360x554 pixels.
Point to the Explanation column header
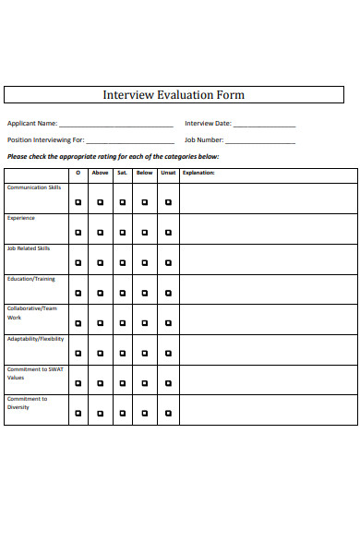(198, 173)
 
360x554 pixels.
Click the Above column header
(100, 173)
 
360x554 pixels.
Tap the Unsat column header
(168, 173)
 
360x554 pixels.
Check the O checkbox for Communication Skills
(78, 201)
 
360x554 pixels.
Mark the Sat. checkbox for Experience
(123, 232)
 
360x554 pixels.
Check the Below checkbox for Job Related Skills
(145, 262)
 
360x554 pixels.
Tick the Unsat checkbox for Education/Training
(168, 293)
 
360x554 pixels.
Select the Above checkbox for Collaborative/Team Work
(100, 323)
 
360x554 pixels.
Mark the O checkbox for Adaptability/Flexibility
(78, 353)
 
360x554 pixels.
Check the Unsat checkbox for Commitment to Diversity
(168, 414)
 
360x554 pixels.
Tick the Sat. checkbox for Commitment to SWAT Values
(123, 383)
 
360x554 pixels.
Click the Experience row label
(21, 218)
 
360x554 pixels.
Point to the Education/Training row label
(31, 278)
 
